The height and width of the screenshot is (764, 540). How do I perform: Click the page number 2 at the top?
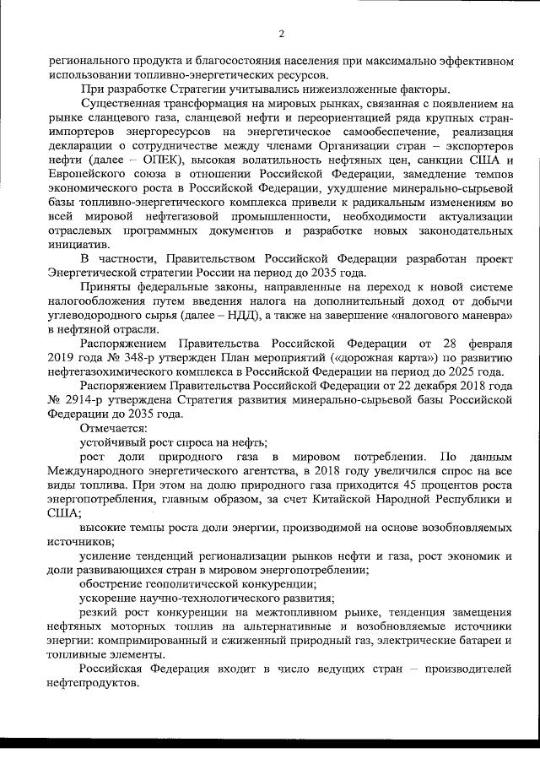281,34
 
